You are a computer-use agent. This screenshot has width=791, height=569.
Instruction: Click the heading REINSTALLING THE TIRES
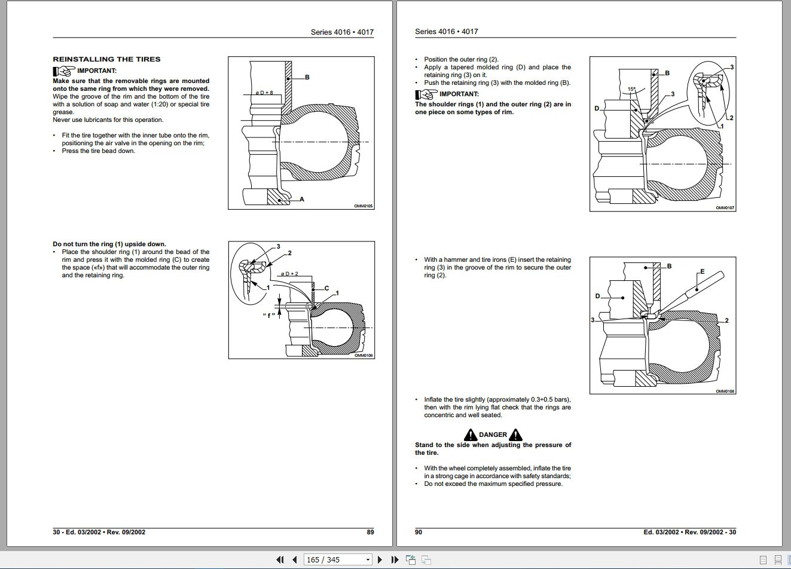(106, 59)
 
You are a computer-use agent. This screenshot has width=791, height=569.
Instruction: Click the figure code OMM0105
(364, 206)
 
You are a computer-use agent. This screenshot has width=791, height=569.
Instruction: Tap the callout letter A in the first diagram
(302, 199)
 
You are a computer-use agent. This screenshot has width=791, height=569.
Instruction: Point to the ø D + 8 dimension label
(264, 93)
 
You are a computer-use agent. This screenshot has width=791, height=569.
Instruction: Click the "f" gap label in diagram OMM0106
(268, 314)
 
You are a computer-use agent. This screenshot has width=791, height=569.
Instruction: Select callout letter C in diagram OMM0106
(326, 288)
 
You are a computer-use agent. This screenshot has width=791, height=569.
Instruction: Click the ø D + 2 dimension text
(289, 274)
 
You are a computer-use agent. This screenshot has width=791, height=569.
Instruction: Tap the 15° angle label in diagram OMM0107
(631, 90)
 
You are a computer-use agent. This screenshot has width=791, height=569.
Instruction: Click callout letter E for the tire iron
(702, 271)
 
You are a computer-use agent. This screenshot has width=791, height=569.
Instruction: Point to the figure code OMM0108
(725, 391)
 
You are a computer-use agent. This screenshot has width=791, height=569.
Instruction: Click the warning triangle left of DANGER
(470, 435)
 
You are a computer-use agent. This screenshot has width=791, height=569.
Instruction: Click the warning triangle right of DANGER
(515, 435)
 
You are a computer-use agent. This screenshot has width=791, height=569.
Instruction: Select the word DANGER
(493, 435)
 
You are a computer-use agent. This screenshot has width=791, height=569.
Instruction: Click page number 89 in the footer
(370, 532)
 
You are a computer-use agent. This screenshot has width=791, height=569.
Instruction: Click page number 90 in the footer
(419, 532)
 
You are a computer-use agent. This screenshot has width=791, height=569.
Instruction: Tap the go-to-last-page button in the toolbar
(395, 559)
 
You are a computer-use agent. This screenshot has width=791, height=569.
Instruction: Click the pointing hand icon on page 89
(63, 71)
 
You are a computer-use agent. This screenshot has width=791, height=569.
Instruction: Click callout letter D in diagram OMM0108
(597, 296)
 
